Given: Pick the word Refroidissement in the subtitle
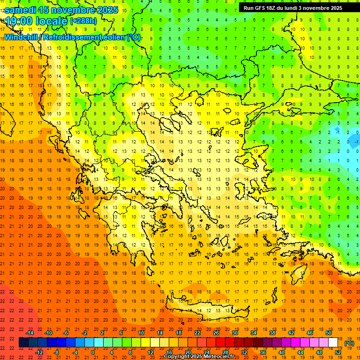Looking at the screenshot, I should pyautogui.click(x=73, y=37).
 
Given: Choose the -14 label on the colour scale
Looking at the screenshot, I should pyautogui.click(x=30, y=333).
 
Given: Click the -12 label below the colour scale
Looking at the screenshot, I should pyautogui.click(x=39, y=352).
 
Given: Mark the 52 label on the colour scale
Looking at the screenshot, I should pyautogui.click(x=338, y=352).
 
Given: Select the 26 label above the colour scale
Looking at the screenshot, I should pyautogui.click(x=216, y=333).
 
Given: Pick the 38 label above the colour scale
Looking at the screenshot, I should pyautogui.click(x=272, y=333).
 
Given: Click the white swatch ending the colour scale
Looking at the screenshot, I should pyautogui.click(x=333, y=343).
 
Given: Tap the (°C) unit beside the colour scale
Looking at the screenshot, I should pyautogui.click(x=349, y=343).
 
